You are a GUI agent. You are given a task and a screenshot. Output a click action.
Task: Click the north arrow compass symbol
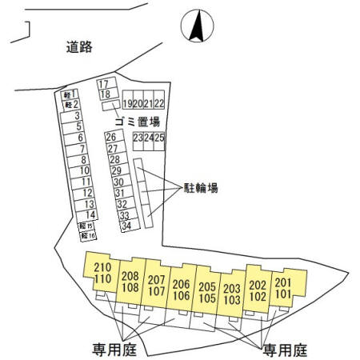197,26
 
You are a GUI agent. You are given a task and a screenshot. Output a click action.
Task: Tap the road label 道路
79,47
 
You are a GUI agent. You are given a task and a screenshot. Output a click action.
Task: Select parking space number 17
106,83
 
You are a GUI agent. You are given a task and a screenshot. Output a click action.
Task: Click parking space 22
159,99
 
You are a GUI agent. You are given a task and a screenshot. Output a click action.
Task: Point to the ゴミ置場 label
138,122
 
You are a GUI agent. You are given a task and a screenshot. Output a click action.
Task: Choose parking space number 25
159,141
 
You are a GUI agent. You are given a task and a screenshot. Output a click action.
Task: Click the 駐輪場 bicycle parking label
201,188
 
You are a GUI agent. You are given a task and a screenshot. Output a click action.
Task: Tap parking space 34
130,226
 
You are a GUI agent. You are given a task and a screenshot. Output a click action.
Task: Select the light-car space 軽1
70,94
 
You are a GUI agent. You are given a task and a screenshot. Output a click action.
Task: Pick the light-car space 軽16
88,236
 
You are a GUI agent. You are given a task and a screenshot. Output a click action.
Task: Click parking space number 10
80,170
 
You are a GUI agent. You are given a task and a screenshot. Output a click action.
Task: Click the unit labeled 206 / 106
182,290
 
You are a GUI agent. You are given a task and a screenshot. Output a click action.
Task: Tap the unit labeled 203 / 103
231,294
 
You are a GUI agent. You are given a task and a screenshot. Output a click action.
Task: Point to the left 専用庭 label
114,350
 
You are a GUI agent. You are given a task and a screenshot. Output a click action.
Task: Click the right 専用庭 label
285,350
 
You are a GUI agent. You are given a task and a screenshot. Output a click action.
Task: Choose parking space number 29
120,170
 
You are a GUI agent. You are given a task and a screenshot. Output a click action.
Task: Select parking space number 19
128,99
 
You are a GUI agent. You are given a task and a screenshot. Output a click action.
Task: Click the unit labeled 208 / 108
130,282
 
